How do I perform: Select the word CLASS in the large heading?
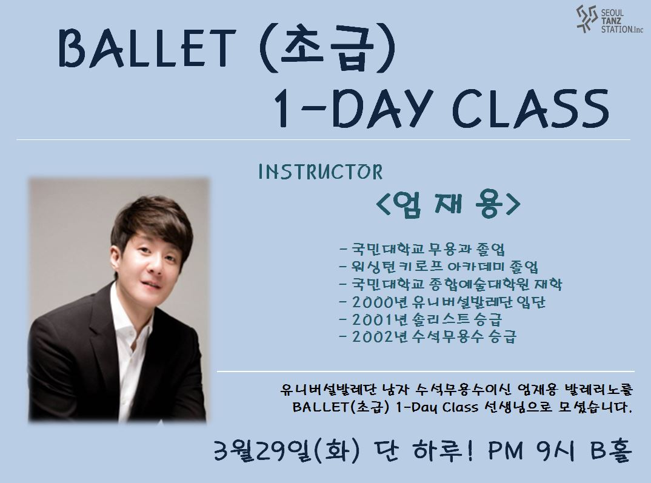(530, 108)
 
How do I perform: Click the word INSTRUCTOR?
(320, 172)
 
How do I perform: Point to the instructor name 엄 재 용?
(447, 204)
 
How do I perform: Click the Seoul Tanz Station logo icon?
(587, 19)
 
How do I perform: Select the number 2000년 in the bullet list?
(379, 302)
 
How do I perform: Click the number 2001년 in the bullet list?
(379, 319)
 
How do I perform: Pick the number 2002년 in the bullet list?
(379, 336)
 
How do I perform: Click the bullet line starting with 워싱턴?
(438, 267)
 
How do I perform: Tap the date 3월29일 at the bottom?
(262, 451)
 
